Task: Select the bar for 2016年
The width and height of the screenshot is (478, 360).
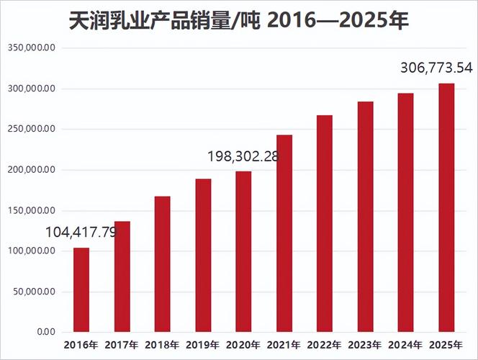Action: coord(81,289)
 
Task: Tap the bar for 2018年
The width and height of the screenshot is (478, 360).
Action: coord(163,264)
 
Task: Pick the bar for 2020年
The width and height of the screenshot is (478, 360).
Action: coord(243,251)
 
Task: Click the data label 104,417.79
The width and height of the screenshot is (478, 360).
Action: coord(81,233)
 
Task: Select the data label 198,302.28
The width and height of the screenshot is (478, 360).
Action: coord(243,156)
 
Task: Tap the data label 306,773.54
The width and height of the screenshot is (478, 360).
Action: coord(436,68)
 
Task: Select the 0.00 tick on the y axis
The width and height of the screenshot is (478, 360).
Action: coord(45,332)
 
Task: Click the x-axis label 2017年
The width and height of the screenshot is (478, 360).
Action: coord(122,345)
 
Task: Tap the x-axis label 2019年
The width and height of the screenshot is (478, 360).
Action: coord(203,345)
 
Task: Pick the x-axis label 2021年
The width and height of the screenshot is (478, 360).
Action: coord(284,345)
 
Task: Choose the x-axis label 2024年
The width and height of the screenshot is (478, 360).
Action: coord(406,345)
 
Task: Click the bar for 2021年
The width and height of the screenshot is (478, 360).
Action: coord(284,233)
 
